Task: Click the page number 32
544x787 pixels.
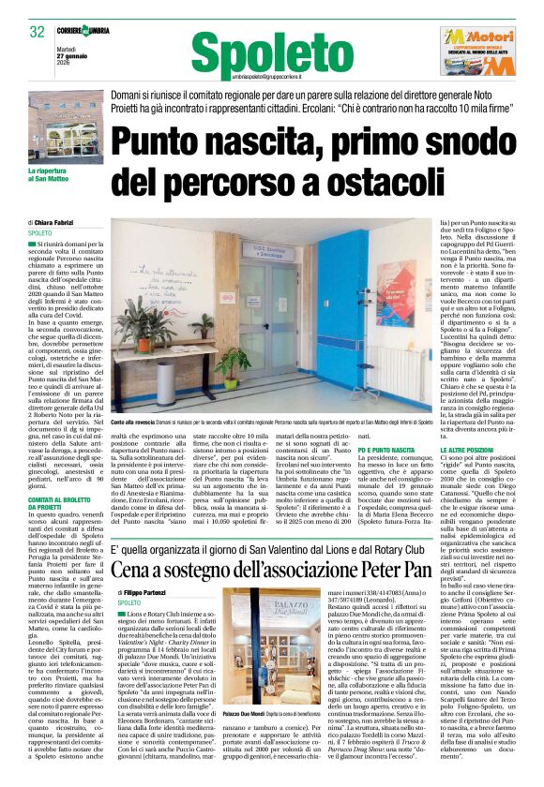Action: pyautogui.click(x=38, y=33)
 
